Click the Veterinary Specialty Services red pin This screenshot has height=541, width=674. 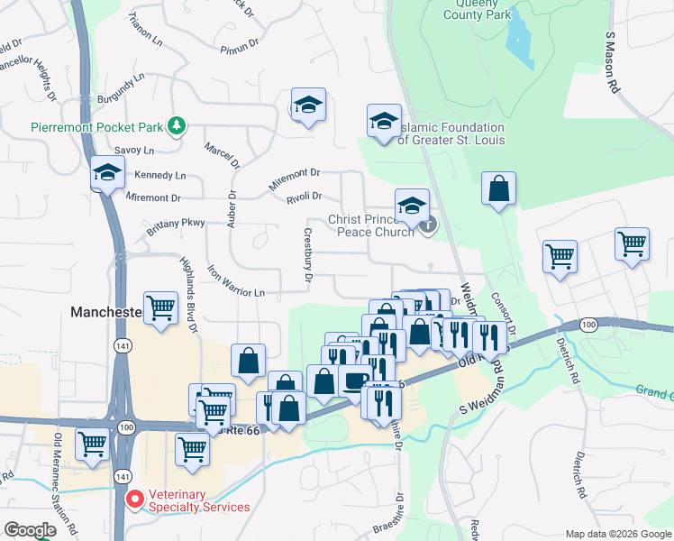click(134, 498)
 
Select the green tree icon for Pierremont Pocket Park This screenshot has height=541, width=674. click(178, 124)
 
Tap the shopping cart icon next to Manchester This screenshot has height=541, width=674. click(161, 307)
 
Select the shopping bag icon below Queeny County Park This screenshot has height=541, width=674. click(498, 189)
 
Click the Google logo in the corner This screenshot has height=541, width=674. click(30, 530)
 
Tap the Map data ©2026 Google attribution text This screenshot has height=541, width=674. click(617, 534)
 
